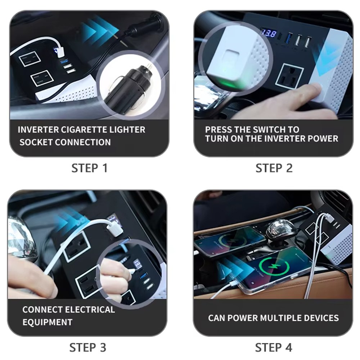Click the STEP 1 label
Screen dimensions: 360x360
(x=89, y=168)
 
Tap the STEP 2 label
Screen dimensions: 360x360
(x=274, y=168)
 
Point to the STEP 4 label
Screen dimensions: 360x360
(x=274, y=347)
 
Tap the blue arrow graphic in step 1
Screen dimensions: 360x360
(x=97, y=29)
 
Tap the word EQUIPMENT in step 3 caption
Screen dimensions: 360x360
(x=48, y=322)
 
